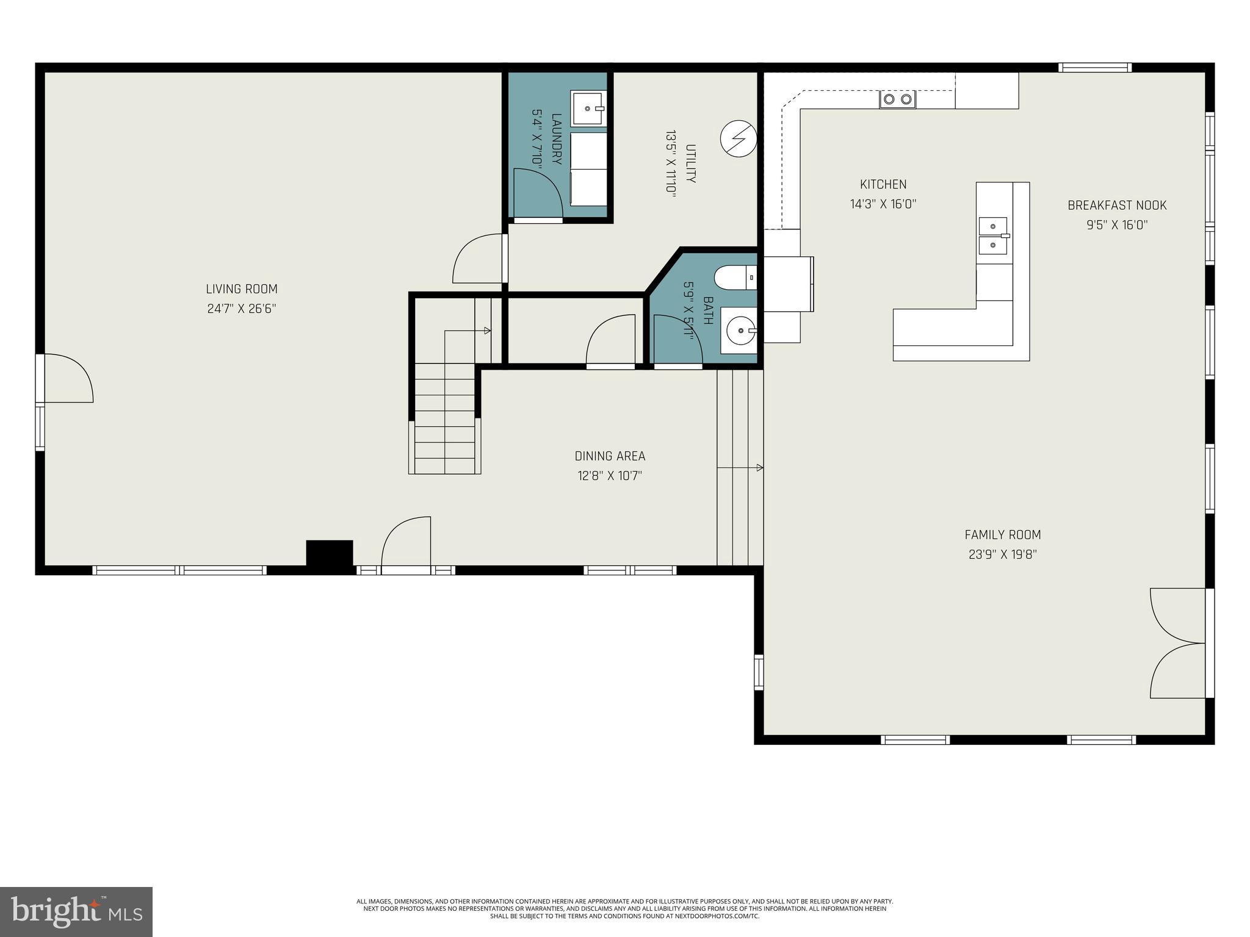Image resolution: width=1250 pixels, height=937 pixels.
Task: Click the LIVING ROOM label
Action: pyautogui.click(x=242, y=289)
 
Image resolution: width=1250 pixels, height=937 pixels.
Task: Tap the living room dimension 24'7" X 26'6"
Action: pyautogui.click(x=242, y=309)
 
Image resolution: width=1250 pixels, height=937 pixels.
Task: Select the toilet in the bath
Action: pyautogui.click(x=734, y=278)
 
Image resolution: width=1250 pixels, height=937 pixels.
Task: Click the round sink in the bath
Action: pyautogui.click(x=740, y=331)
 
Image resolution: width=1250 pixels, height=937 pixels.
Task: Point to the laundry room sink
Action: pyautogui.click(x=588, y=109)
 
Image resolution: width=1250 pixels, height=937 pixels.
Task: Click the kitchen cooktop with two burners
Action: pyautogui.click(x=897, y=99)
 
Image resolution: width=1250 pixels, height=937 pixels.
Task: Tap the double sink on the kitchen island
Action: pyautogui.click(x=992, y=235)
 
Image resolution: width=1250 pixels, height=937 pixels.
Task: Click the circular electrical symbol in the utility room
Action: pyautogui.click(x=739, y=138)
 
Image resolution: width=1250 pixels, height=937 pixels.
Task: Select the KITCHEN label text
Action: pyautogui.click(x=883, y=184)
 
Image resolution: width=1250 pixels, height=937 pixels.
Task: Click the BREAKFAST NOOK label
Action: pyautogui.click(x=1116, y=206)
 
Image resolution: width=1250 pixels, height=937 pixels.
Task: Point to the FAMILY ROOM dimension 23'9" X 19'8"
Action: pyautogui.click(x=1002, y=555)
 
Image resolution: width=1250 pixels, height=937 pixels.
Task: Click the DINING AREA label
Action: pyautogui.click(x=610, y=456)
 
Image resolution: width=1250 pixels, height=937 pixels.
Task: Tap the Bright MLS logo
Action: pyautogui.click(x=76, y=912)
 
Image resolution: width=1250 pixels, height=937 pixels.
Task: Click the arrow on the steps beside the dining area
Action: pyautogui.click(x=759, y=468)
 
